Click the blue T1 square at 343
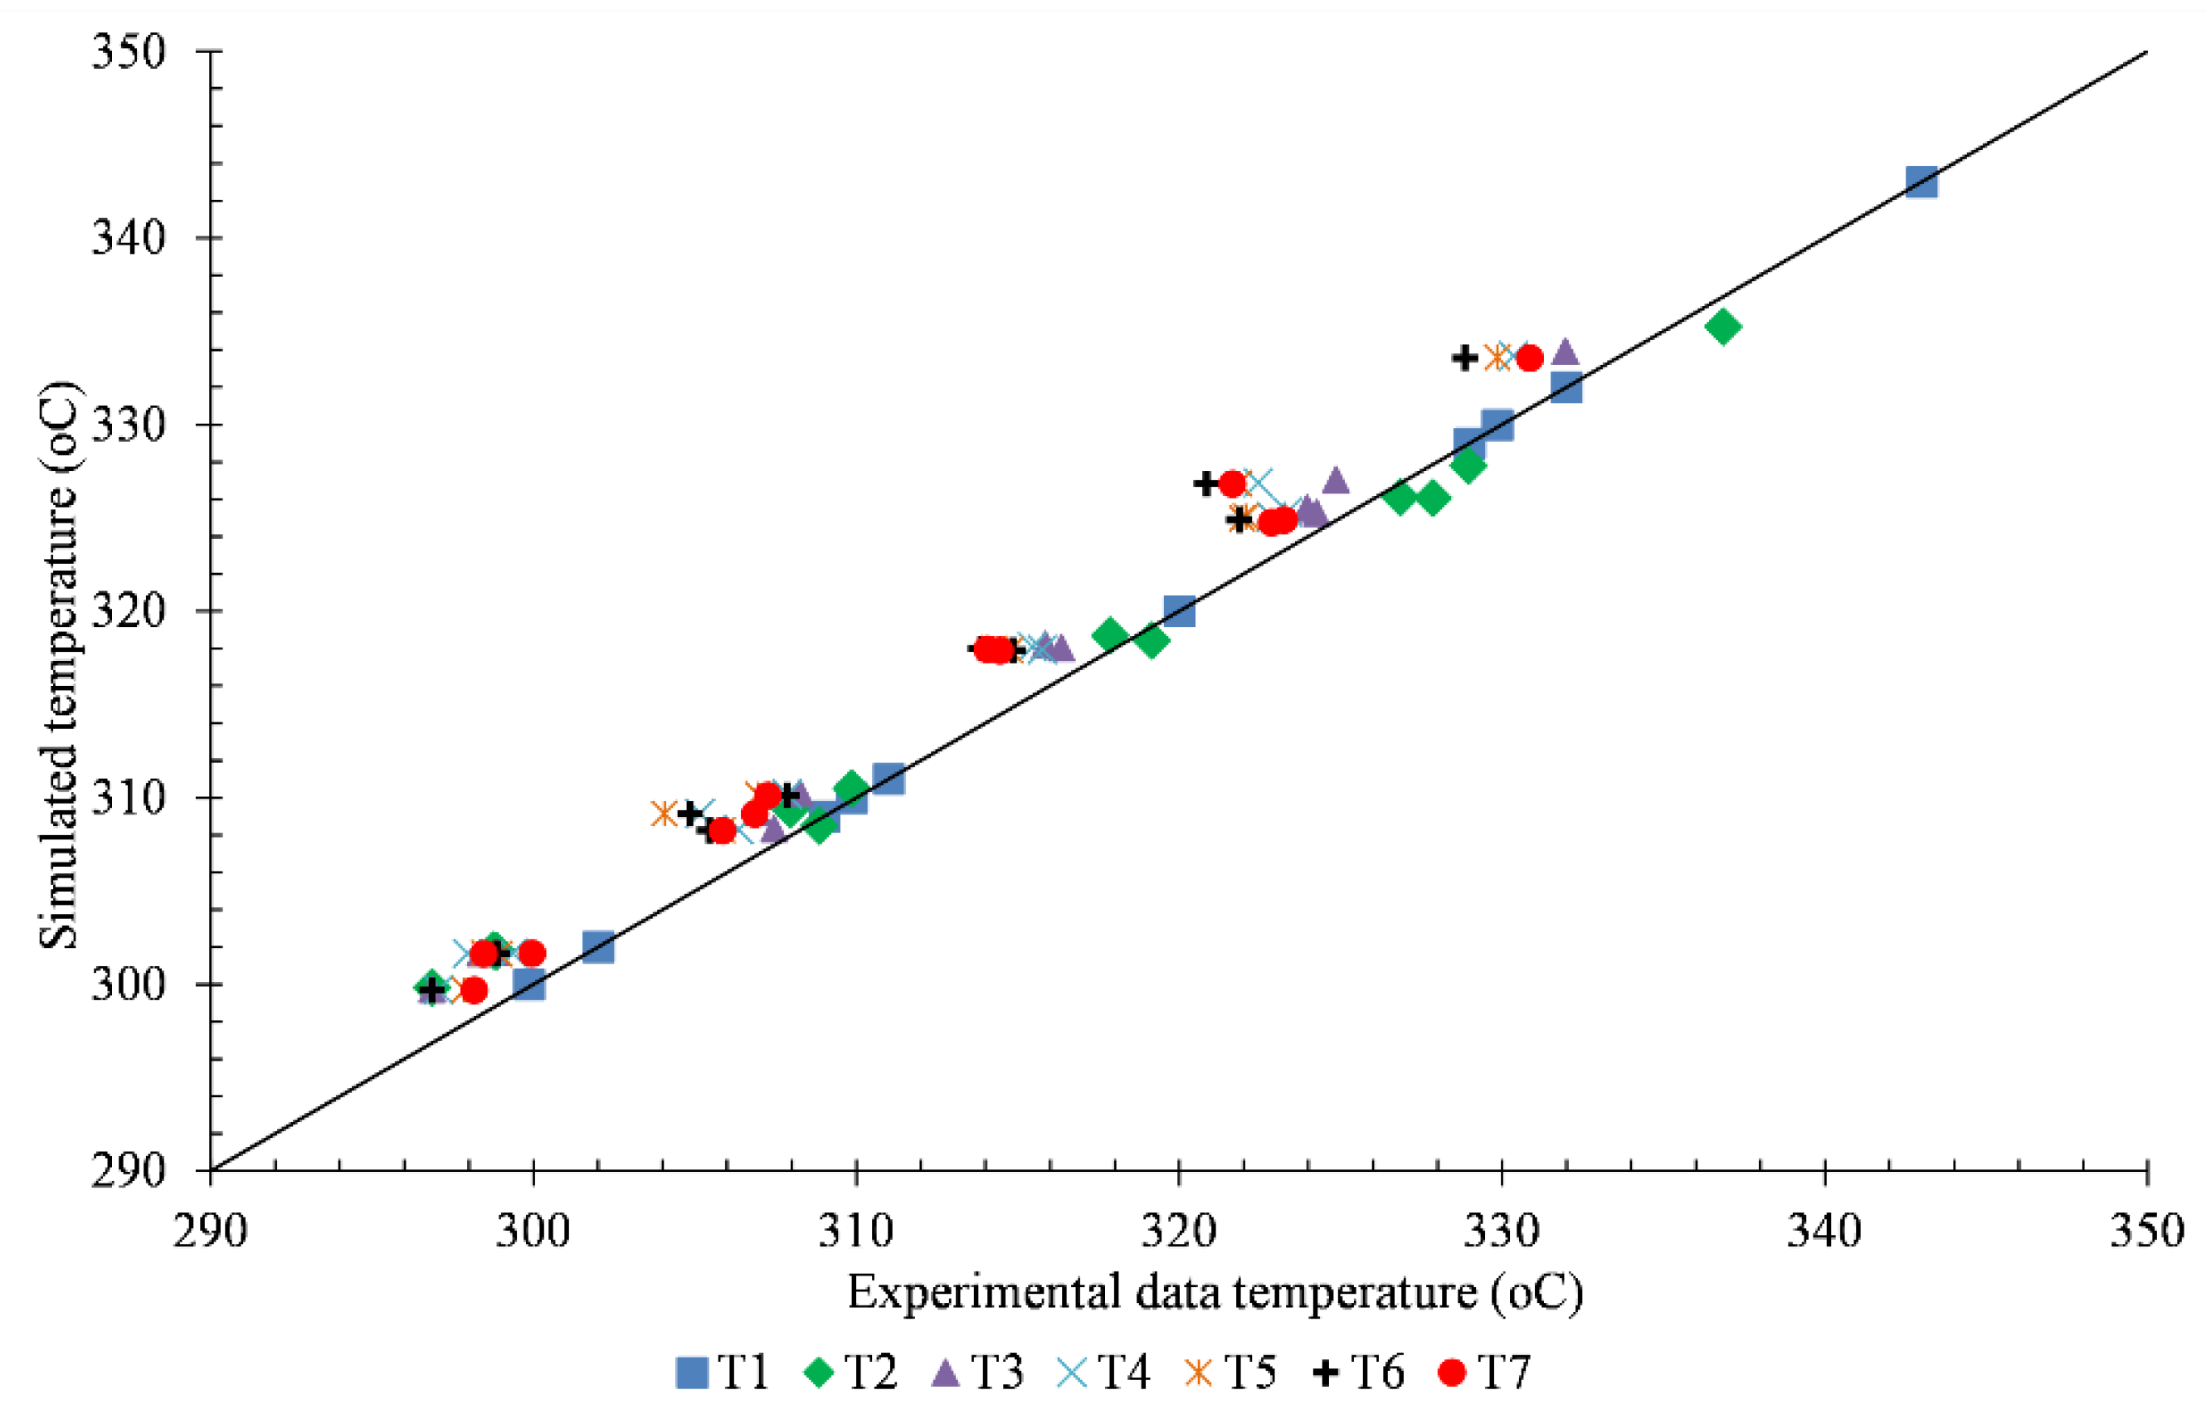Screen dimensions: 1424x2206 pos(1921,182)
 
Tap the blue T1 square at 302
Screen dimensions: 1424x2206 pos(598,947)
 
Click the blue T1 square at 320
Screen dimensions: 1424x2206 pos(1178,611)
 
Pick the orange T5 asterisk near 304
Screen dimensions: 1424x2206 pos(664,814)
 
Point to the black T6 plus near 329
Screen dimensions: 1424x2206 pos(1464,357)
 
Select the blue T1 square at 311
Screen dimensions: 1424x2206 pos(888,779)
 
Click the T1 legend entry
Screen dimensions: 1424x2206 pos(723,1373)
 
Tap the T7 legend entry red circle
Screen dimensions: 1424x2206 pos(1452,1373)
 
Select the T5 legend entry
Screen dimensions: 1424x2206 pos(1231,1373)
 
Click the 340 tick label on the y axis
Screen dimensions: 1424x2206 pos(128,239)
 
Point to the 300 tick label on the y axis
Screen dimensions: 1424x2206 pos(128,984)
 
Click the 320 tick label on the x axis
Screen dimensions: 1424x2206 pos(1177,1232)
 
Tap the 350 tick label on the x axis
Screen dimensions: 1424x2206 pos(2146,1232)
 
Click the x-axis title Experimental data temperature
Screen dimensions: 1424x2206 pos(1215,1294)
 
